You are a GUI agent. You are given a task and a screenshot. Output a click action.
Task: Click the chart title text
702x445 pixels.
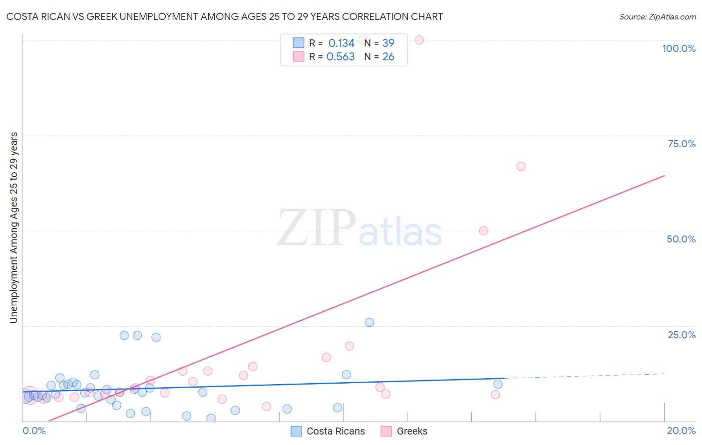pos(225,16)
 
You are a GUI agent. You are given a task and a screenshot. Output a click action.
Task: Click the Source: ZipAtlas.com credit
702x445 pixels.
pos(657,16)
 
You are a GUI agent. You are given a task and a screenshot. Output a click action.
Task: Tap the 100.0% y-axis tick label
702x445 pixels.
pos(679,48)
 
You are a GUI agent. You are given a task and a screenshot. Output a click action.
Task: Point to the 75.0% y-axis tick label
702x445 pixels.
pos(682,144)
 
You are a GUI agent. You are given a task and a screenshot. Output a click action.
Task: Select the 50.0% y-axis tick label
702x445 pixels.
pos(681,239)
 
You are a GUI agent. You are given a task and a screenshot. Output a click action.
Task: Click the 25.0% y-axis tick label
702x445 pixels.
pos(682,335)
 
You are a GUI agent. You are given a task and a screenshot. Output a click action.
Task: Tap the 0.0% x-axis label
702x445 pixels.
pos(34,431)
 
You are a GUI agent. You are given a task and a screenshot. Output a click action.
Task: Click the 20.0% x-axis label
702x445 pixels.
pos(681,431)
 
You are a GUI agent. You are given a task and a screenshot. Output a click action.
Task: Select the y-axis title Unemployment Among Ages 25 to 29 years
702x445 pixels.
pos(13,227)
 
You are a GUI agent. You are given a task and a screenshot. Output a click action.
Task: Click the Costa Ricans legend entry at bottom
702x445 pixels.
pos(335,431)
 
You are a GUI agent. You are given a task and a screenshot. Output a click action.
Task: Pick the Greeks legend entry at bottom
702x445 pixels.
pos(412,431)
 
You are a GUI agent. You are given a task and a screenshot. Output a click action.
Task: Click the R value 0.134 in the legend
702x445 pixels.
pos(341,43)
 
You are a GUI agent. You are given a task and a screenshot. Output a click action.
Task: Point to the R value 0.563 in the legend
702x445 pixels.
pos(341,57)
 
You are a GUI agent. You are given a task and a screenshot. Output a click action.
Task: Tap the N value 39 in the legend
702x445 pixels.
pos(388,43)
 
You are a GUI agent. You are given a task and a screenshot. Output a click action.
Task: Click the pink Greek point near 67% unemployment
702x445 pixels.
pos(521,167)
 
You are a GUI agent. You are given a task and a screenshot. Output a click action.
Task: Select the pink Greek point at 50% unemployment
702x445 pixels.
pos(483,230)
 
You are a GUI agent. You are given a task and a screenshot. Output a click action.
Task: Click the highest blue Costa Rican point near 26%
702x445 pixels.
pos(369,322)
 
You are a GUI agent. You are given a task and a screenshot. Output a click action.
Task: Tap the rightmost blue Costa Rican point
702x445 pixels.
pos(498,384)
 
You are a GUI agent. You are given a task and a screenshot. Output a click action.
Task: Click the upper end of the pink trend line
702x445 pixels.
pos(664,176)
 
